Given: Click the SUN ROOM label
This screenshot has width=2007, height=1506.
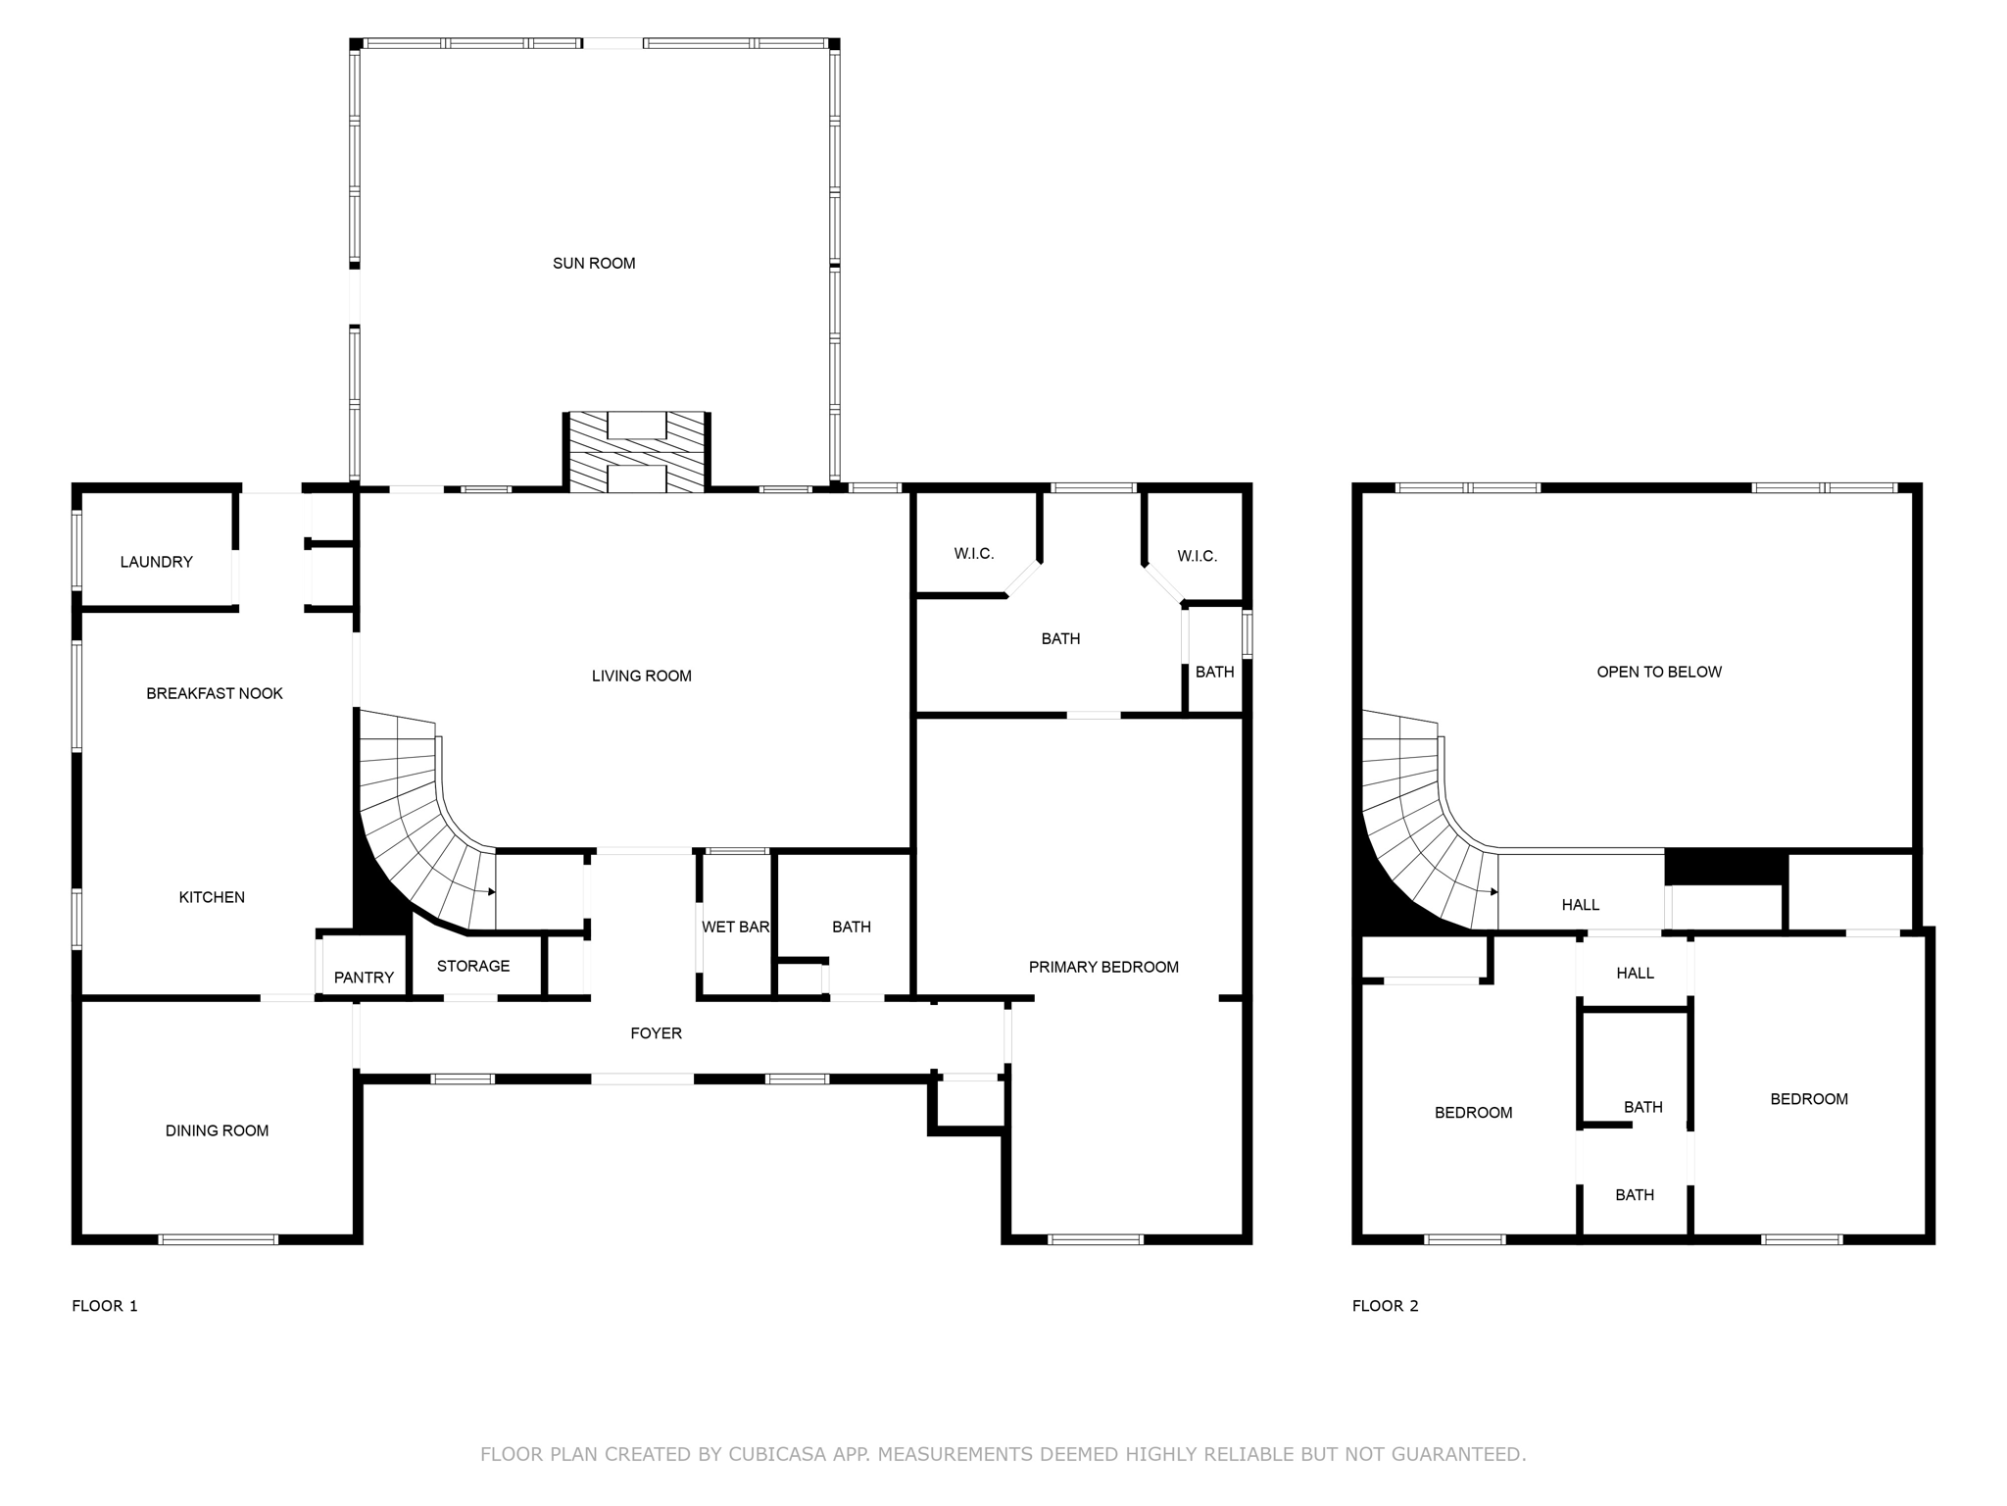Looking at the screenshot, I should click(594, 263).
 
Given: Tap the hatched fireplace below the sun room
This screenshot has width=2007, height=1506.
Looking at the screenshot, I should click(636, 452).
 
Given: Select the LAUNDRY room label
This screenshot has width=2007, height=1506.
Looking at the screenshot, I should click(156, 562).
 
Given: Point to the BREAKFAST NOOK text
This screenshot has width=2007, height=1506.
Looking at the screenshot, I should click(214, 693).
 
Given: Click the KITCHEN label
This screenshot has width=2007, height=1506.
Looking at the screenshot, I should click(212, 897).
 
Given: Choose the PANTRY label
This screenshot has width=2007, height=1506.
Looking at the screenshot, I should click(364, 978).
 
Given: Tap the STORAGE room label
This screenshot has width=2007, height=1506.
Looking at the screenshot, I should click(473, 966).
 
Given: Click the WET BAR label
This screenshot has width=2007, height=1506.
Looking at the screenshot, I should click(735, 927).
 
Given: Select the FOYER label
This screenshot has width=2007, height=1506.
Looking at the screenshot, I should click(656, 1032).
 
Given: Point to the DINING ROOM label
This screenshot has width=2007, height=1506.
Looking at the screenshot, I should click(217, 1130).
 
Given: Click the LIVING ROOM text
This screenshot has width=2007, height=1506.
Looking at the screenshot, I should click(641, 676).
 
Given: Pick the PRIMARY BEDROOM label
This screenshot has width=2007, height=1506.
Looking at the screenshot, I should click(1103, 967).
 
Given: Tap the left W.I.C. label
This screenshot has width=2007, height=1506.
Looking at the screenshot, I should click(974, 554).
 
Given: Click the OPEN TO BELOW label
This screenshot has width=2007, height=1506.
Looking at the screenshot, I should click(1659, 672).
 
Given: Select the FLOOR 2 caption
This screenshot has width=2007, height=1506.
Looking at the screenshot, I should click(1385, 1305).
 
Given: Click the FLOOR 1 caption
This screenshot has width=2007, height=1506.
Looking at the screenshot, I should click(105, 1305).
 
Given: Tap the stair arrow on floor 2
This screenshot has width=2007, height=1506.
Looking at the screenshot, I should click(1493, 892).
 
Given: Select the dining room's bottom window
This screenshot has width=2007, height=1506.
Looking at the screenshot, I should click(219, 1239).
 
